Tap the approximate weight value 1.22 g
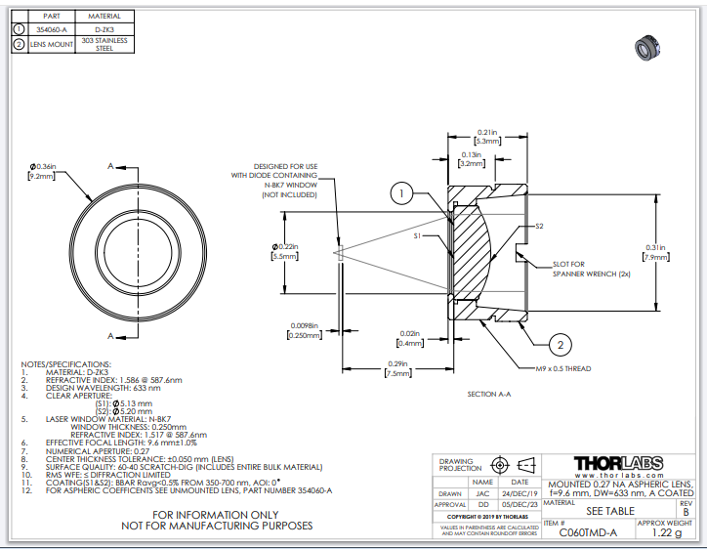(x=664, y=533)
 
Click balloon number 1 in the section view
(x=402, y=194)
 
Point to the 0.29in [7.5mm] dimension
(x=398, y=367)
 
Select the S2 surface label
(x=539, y=226)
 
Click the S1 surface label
(x=417, y=235)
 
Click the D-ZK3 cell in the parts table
(x=104, y=30)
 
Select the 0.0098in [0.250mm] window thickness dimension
(x=306, y=330)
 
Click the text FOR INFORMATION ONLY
(x=217, y=514)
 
